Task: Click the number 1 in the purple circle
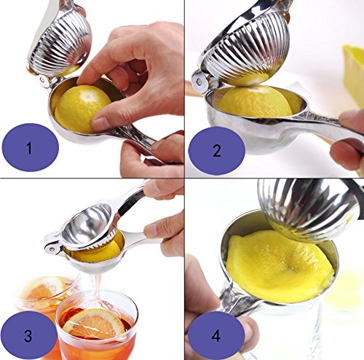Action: [29, 148]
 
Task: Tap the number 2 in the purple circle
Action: [217, 151]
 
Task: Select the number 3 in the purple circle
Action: [28, 336]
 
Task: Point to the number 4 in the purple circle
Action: [216, 336]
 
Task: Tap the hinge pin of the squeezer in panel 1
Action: [43, 80]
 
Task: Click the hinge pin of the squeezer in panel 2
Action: [199, 82]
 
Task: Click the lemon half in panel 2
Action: [257, 101]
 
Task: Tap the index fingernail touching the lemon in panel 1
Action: [99, 121]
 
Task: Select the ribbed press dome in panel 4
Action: [308, 209]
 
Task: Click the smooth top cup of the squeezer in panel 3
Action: [87, 227]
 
